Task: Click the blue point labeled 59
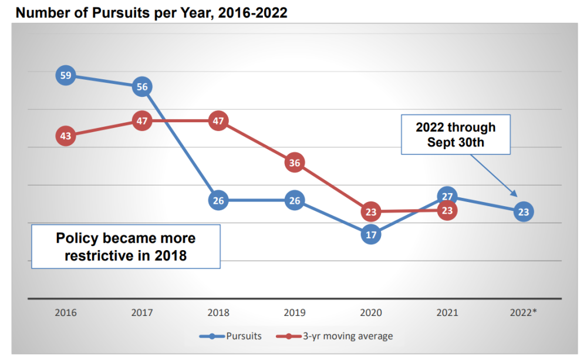[x=66, y=75]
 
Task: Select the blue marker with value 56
[x=142, y=87]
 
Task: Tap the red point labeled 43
[x=66, y=136]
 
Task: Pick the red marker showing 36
[x=295, y=163]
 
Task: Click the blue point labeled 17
[x=371, y=234]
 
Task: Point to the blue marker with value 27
[x=447, y=196]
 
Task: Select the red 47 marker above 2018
[x=218, y=121]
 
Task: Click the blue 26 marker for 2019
[x=295, y=200]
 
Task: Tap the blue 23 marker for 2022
[x=524, y=211]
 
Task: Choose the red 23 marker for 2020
[x=371, y=211]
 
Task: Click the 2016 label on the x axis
[x=66, y=312]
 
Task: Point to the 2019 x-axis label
[x=295, y=312]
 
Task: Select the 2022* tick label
[x=524, y=312]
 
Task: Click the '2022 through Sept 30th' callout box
[x=456, y=134]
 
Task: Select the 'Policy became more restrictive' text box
[x=126, y=247]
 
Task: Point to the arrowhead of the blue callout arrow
[x=515, y=196]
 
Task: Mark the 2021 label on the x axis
[x=447, y=312]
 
